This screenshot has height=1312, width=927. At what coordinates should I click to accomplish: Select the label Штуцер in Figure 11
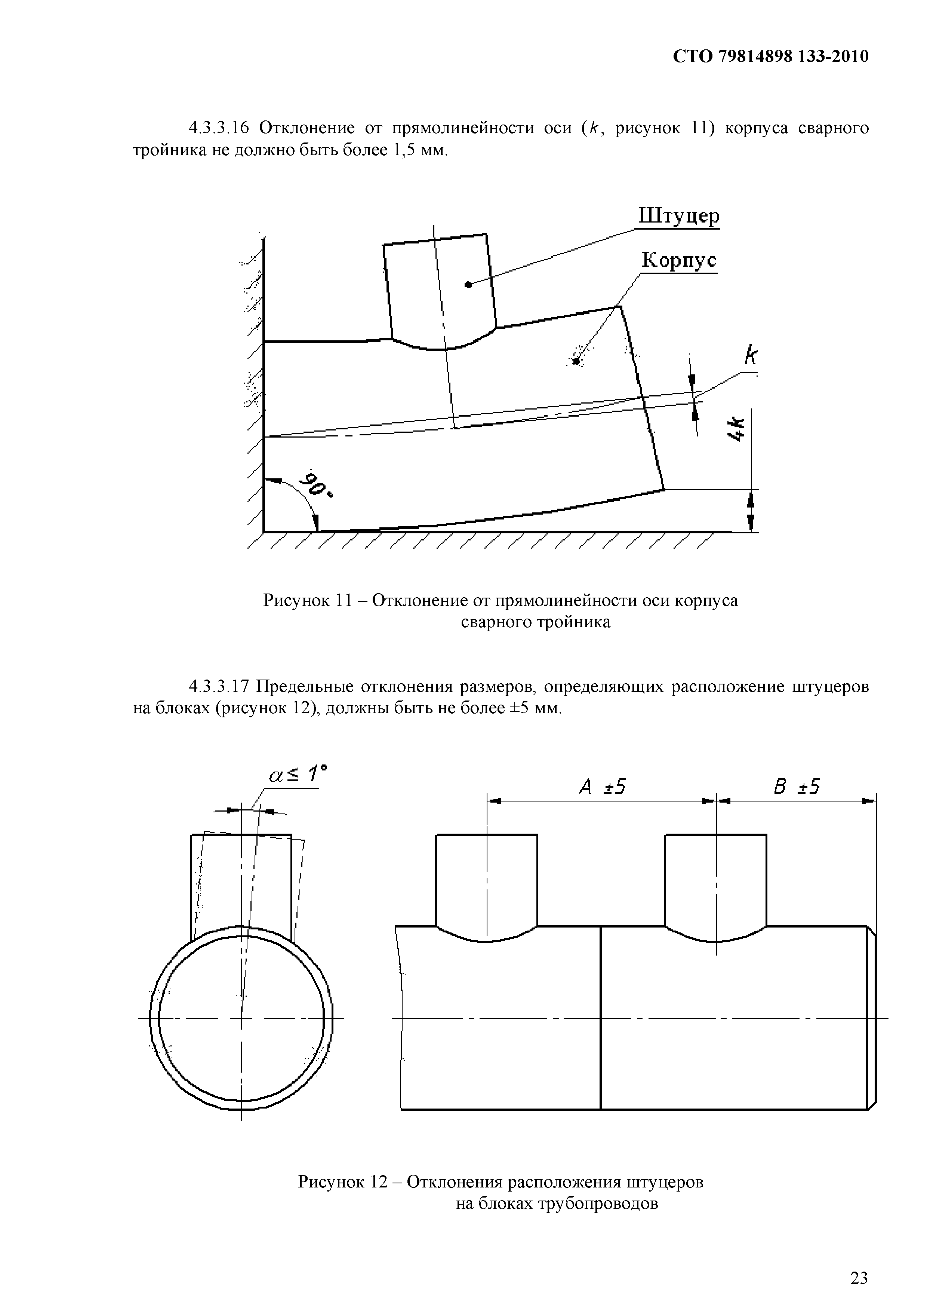(x=678, y=217)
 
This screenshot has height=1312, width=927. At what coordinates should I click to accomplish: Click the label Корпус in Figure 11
(x=678, y=261)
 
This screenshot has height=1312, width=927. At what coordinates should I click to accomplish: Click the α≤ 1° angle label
(x=298, y=775)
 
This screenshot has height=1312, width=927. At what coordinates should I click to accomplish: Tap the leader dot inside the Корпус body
(x=577, y=361)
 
